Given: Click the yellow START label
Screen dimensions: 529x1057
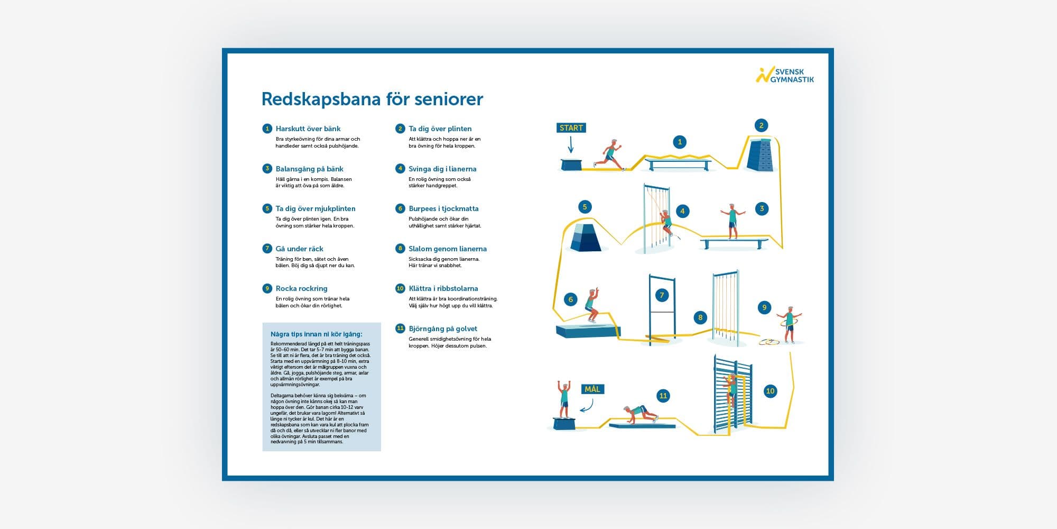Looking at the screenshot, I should [x=571, y=128].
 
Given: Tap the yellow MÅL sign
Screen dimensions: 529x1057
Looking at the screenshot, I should [x=592, y=389].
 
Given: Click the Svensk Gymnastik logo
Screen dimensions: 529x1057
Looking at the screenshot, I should [x=785, y=75].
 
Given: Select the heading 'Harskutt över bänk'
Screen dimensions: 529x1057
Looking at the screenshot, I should [x=308, y=129].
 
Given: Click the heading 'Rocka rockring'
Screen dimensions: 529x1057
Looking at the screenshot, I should [x=301, y=288].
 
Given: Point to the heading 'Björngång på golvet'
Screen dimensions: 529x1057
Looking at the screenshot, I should [x=443, y=329].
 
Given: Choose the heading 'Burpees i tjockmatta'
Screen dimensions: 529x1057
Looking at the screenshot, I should [x=443, y=208].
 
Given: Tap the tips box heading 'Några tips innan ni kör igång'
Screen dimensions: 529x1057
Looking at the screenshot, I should [x=316, y=334].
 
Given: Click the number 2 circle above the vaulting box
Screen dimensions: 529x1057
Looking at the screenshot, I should [x=761, y=125].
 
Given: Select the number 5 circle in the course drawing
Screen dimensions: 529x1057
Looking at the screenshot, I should [x=585, y=207].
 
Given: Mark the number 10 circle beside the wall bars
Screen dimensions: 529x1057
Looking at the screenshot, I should [x=770, y=391].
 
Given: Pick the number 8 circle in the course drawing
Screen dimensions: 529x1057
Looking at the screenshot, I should [x=700, y=317].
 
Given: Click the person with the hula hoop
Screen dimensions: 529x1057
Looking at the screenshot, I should [x=789, y=324].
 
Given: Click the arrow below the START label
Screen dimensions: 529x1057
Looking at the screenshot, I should [x=571, y=144].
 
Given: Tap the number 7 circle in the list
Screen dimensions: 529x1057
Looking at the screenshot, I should [x=267, y=249].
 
